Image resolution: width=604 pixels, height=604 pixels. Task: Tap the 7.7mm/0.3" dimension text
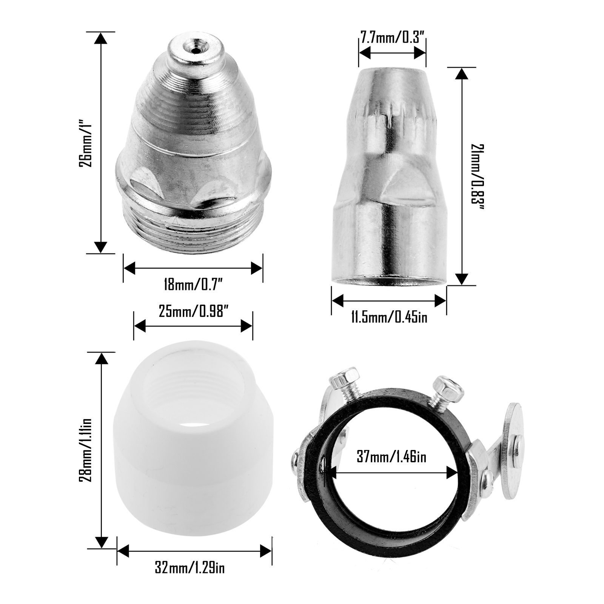[x=392, y=39]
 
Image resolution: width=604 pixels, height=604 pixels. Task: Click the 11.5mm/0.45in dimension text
[x=389, y=317]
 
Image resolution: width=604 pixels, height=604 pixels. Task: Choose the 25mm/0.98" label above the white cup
[x=193, y=313]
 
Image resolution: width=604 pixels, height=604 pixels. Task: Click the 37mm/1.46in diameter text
[x=391, y=457]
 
